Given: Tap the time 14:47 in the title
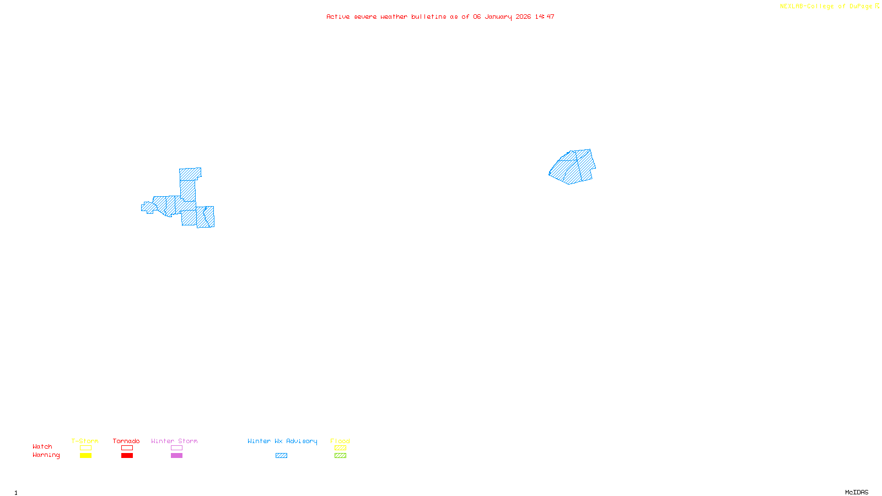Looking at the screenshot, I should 545,17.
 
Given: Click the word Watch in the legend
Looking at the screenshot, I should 42,446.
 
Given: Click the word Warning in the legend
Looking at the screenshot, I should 46,455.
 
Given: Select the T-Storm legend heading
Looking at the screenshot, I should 85,441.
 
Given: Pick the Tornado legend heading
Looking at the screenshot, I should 126,441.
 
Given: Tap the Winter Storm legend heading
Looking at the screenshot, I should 174,441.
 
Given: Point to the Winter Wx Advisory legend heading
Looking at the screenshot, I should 282,441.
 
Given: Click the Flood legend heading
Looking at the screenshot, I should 340,441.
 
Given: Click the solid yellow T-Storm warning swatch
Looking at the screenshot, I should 85,456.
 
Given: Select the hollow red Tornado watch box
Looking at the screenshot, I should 127,448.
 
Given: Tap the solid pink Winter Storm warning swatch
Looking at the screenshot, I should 176,456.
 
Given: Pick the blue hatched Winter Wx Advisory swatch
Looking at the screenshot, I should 281,456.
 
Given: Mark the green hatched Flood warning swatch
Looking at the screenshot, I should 340,456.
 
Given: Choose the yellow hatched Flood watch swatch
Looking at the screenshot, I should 340,448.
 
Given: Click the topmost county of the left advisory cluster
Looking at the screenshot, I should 190,174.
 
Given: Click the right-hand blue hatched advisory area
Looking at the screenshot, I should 573,166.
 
